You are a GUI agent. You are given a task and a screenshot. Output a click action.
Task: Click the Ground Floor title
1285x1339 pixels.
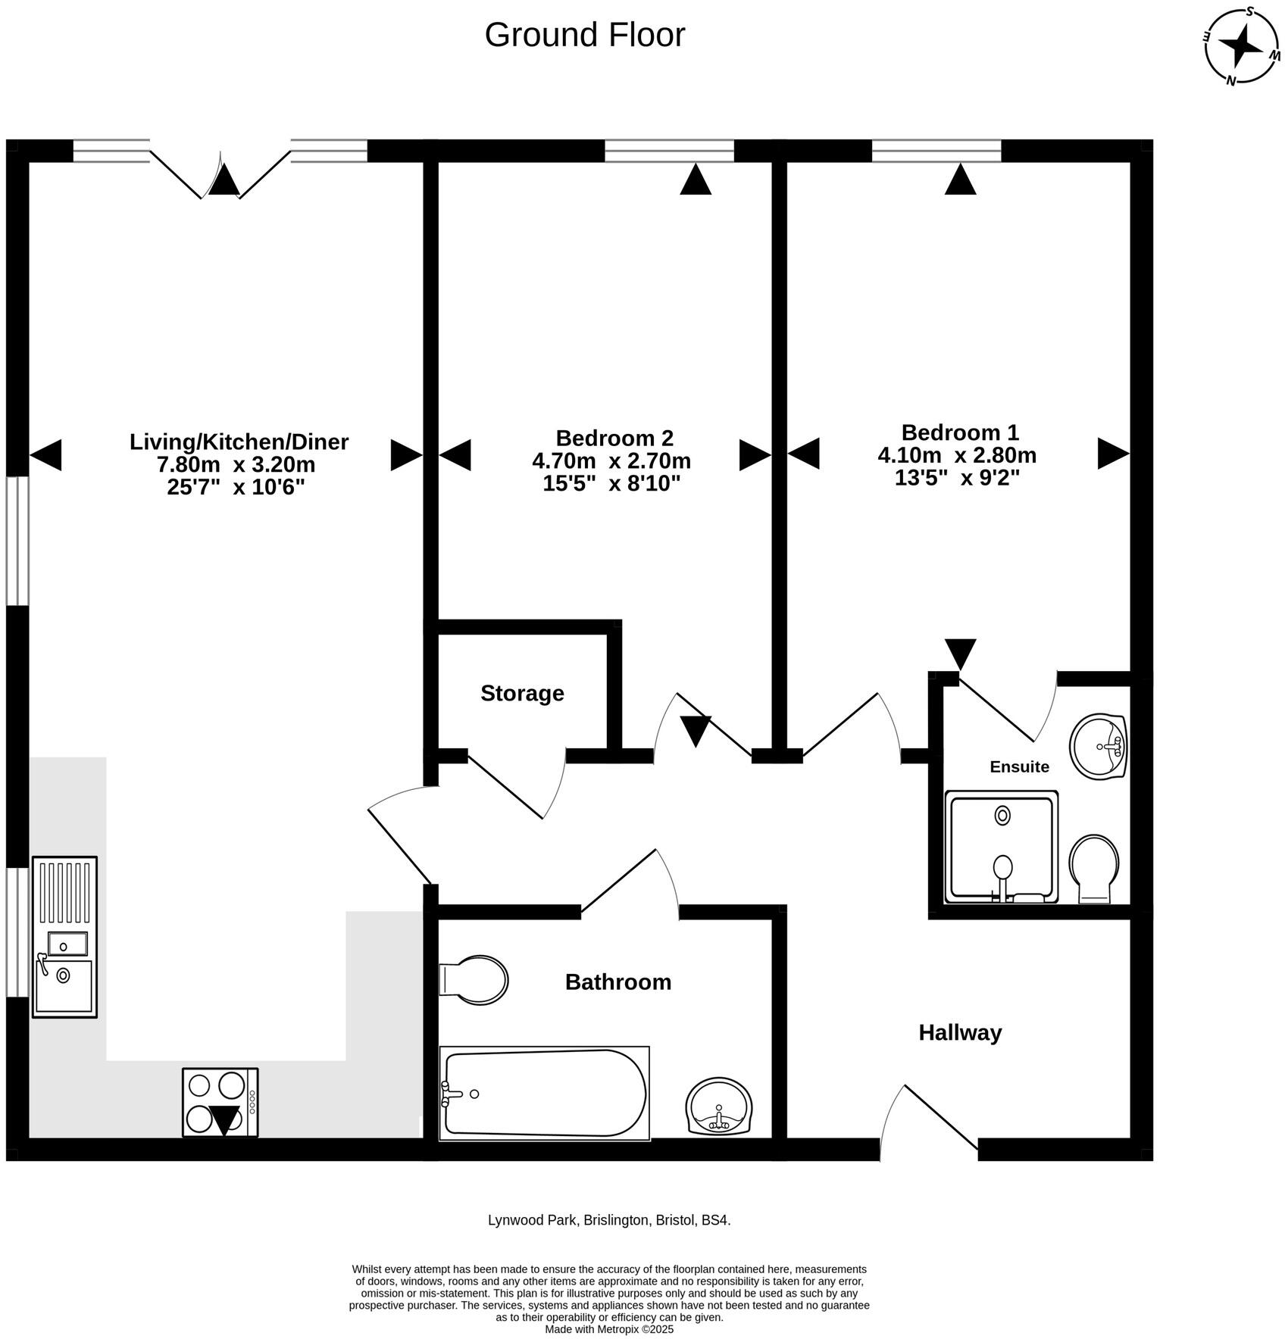click(584, 35)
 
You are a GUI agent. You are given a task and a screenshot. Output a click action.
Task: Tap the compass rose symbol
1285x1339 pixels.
click(1242, 47)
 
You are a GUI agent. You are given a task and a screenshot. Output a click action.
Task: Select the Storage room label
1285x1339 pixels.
click(522, 693)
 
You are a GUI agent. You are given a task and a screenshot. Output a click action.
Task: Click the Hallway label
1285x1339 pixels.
click(959, 1032)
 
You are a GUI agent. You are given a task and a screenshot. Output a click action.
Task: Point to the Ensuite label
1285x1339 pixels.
click(1019, 766)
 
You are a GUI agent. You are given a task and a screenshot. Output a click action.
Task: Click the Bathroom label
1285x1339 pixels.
click(617, 982)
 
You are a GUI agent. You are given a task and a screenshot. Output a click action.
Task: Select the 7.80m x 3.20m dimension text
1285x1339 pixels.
click(235, 463)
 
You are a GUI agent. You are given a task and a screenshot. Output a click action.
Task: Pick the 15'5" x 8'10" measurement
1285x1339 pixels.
click(611, 483)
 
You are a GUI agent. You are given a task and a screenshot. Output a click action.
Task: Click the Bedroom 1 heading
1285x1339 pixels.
click(959, 432)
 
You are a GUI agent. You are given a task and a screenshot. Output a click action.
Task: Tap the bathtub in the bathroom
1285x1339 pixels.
click(544, 1093)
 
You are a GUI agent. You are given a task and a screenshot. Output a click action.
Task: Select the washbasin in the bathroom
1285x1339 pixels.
click(718, 1106)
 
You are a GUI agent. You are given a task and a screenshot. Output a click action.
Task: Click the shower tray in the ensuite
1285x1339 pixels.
click(1000, 847)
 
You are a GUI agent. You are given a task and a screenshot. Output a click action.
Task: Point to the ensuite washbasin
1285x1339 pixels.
click(1098, 745)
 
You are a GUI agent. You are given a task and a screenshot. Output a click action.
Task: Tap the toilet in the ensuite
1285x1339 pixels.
click(1093, 869)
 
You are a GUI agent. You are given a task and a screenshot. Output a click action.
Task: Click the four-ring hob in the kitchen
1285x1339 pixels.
click(220, 1102)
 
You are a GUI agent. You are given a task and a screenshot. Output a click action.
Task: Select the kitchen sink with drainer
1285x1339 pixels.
click(64, 936)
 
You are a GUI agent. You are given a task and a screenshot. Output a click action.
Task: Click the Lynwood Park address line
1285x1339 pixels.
click(608, 1220)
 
